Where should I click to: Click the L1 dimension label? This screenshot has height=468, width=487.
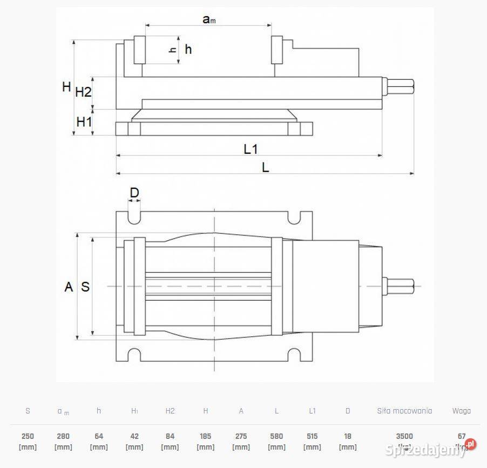coord(251,149)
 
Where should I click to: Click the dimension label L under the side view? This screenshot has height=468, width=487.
coord(265,168)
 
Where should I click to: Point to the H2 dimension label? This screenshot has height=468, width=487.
coord(83,92)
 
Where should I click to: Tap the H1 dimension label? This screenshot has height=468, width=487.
coord(84,122)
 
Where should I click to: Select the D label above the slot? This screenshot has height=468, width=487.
coord(134,193)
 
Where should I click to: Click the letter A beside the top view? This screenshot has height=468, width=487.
coord(69,287)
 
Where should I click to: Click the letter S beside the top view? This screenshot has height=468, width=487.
coord(85,287)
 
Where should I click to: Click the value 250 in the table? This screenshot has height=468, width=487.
coord(28,436)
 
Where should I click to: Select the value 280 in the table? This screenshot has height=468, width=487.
coord(63,436)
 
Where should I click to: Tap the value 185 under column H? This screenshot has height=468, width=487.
coord(206,436)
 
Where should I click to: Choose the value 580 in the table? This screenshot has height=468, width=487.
coord(276,436)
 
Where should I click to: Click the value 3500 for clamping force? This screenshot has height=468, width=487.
coord(404,436)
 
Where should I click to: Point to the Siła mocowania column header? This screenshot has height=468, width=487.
coord(404,411)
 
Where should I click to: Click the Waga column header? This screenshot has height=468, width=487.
coord(461,411)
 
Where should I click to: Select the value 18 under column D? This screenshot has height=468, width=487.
coord(348,436)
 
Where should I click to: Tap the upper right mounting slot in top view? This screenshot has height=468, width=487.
coord(295,218)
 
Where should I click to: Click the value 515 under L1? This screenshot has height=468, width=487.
coord(312,436)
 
